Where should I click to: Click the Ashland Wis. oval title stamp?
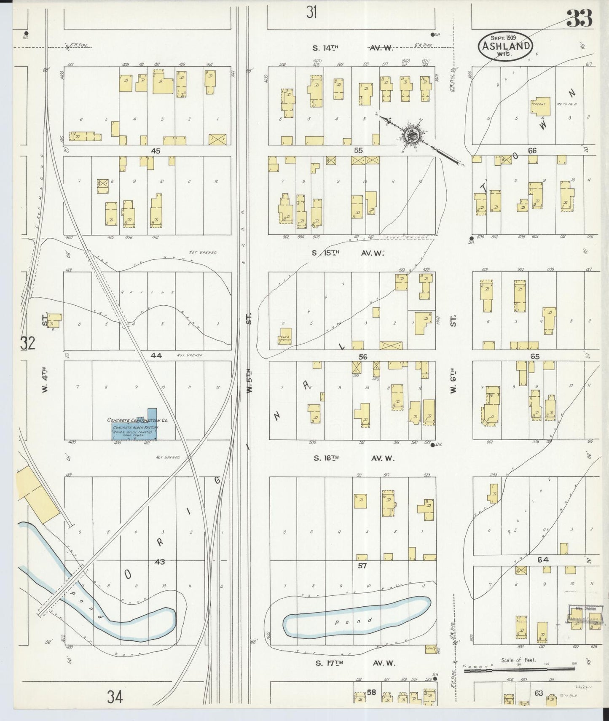tap(505, 46)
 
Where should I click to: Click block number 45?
tap(156, 151)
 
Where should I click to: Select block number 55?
tap(358, 151)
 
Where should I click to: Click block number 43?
tap(159, 562)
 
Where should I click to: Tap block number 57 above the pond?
tap(362, 566)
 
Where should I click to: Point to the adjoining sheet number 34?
tap(114, 698)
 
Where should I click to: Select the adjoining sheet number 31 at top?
tap(311, 13)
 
